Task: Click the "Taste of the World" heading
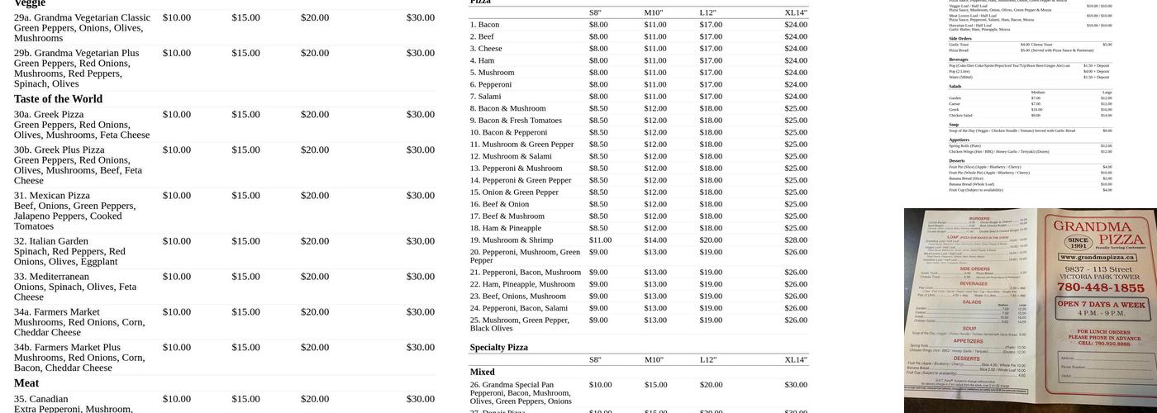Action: pos(58,99)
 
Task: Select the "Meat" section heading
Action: pos(26,383)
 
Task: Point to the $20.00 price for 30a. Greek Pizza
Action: pos(314,115)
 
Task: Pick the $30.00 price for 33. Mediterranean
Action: pos(420,277)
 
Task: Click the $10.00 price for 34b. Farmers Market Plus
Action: pos(176,348)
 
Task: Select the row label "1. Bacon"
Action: pos(484,25)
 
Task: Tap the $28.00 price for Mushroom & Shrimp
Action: pos(796,240)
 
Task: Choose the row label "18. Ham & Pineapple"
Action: pos(505,228)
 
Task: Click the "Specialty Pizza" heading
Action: pos(498,348)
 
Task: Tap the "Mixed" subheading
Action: pos(482,373)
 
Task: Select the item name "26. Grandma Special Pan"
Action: pos(512,385)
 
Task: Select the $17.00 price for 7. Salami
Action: pos(711,97)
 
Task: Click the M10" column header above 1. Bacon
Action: pos(654,12)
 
